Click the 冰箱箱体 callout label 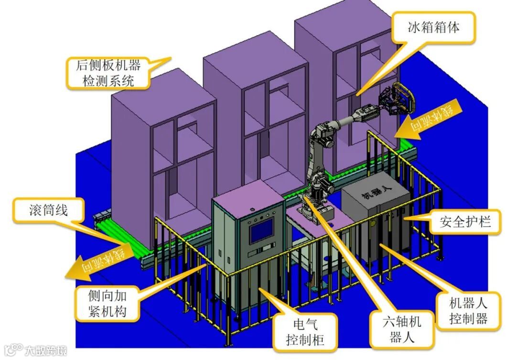433,28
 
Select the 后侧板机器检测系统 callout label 108,73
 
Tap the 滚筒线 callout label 48,210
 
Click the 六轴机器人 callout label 402,329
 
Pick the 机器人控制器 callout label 468,311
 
